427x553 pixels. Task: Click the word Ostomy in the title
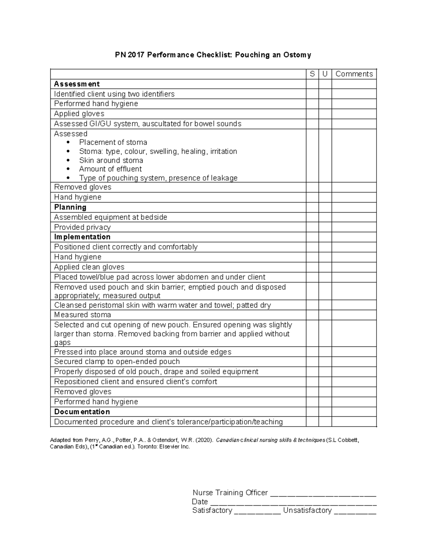point(297,55)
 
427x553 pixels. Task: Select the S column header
point(312,74)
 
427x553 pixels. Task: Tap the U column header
point(325,74)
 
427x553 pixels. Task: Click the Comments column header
point(354,74)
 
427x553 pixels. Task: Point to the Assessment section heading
point(77,84)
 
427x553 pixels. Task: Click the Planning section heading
point(70,207)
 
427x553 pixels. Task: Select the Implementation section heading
point(82,237)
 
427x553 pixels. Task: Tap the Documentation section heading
point(82,412)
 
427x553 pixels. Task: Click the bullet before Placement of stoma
point(68,143)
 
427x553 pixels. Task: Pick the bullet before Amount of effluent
point(68,169)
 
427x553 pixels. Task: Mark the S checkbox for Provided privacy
point(312,227)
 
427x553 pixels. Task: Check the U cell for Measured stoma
point(325,315)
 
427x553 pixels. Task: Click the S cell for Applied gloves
point(312,114)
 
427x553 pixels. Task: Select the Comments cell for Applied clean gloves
point(354,267)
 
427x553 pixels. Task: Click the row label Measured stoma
point(83,315)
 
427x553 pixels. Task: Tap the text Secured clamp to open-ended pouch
point(117,362)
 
